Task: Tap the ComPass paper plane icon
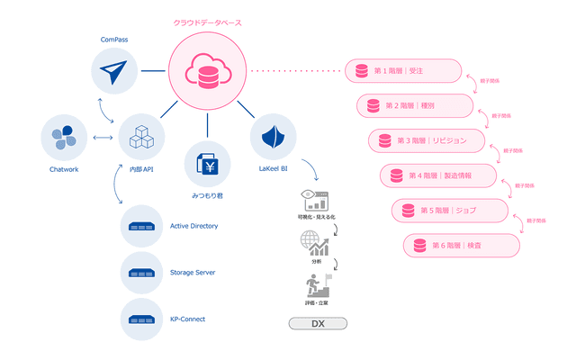coord(114,71)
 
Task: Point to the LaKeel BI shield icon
coord(274,138)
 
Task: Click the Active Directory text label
coord(193,226)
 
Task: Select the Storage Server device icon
coord(144,273)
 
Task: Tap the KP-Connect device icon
coord(144,319)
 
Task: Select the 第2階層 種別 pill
coord(415,105)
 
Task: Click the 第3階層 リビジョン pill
coord(427,141)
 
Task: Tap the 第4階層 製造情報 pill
coord(439,175)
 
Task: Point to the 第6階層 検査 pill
coord(462,245)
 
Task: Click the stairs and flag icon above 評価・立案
coord(316,287)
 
